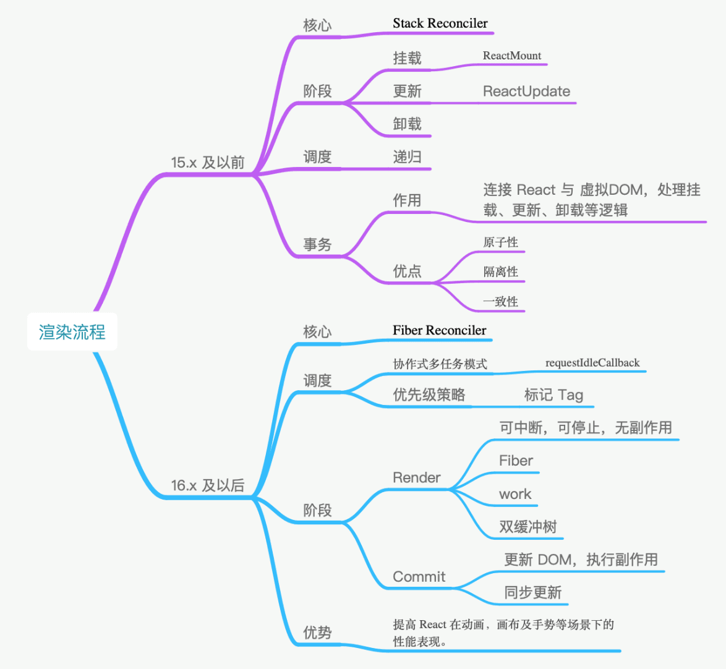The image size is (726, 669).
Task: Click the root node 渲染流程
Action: (72, 332)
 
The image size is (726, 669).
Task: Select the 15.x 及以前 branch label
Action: (208, 163)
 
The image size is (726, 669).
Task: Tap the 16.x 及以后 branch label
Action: (208, 485)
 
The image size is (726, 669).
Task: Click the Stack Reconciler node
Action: (440, 23)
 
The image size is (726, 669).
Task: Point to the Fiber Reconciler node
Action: (439, 330)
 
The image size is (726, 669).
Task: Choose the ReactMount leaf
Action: (511, 56)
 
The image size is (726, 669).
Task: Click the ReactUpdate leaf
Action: (526, 92)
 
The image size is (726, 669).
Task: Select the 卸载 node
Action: (407, 124)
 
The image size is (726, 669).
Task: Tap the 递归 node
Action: (407, 156)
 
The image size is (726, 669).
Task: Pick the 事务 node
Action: (317, 244)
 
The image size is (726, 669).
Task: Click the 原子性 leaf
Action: (500, 242)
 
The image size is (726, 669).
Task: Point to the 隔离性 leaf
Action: (500, 271)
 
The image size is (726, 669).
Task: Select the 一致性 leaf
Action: (500, 301)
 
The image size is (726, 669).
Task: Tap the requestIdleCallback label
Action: (592, 363)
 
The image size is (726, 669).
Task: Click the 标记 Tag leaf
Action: (553, 395)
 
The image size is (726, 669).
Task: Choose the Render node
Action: (416, 477)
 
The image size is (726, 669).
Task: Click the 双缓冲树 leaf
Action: (527, 527)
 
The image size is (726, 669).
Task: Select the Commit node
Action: (419, 577)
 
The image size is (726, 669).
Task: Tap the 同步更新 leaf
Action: (532, 592)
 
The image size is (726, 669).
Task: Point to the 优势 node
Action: (317, 632)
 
